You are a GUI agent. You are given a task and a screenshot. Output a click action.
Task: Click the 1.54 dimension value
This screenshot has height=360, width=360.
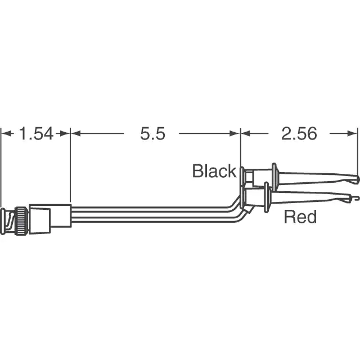click(36, 134)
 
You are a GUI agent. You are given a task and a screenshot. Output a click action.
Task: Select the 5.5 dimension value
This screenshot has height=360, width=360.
click(152, 134)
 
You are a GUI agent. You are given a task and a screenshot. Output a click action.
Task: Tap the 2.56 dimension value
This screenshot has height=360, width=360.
click(299, 134)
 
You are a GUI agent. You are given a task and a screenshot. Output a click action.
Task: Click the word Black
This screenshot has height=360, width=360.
click(214, 171)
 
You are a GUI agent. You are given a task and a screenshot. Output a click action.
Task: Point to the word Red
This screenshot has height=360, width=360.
click(300, 217)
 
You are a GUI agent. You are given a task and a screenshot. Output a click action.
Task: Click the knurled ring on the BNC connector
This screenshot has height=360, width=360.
click(22, 220)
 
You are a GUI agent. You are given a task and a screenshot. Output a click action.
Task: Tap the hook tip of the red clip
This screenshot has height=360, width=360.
click(354, 197)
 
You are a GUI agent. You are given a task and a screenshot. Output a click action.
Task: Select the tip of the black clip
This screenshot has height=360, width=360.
click(357, 179)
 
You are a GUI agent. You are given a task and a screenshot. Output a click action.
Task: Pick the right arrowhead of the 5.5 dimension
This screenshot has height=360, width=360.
click(235, 133)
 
